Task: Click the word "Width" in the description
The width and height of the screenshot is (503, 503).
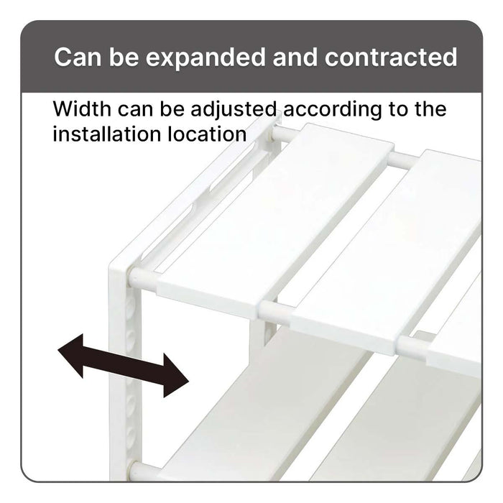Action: click(x=81, y=110)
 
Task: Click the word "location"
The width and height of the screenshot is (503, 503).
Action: click(x=206, y=134)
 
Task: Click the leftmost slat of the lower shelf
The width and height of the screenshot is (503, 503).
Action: click(x=273, y=417)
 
